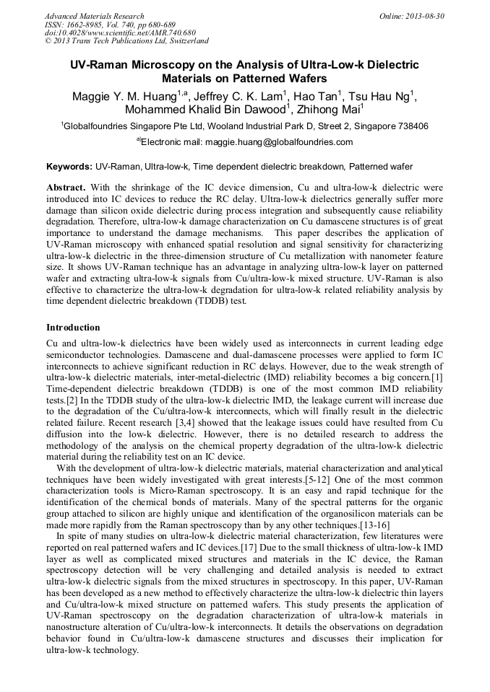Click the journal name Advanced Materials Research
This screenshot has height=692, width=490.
pyautogui.click(x=94, y=16)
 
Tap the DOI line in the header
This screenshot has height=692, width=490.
pyautogui.click(x=120, y=32)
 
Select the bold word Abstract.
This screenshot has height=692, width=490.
pyautogui.click(x=66, y=187)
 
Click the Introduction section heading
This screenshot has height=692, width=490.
pyautogui.click(x=73, y=327)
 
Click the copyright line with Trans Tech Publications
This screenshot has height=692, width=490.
pyautogui.click(x=126, y=41)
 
